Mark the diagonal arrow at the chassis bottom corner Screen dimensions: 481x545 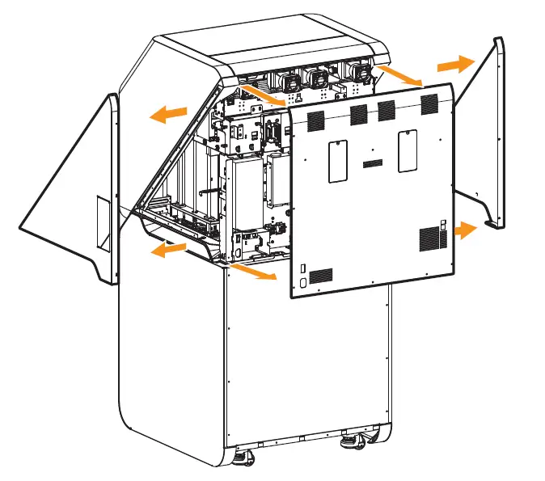point(252,269)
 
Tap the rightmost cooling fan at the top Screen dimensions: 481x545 point(361,73)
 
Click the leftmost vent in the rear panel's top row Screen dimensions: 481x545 point(313,120)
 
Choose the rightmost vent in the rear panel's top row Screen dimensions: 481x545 point(428,102)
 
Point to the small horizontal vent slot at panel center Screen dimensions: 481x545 point(373,165)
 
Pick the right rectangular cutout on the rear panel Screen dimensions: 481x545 point(407,150)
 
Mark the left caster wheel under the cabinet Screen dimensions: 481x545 point(243,458)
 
